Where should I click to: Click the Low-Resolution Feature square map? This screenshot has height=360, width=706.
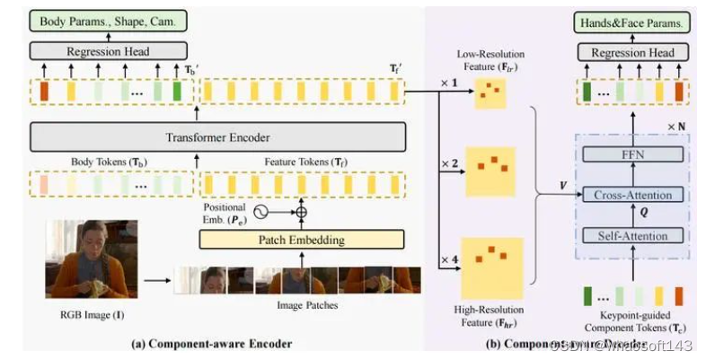(x=490, y=93)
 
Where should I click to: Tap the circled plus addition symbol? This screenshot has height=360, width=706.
(x=301, y=213)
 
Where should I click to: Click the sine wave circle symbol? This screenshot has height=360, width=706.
(x=262, y=213)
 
